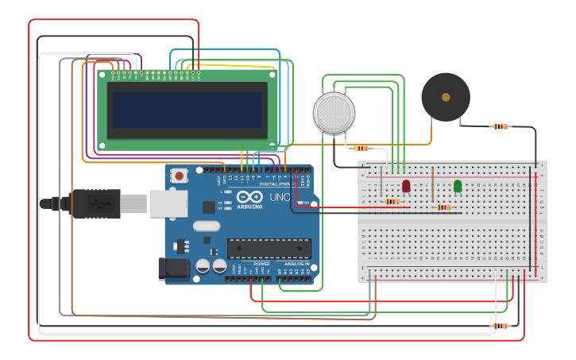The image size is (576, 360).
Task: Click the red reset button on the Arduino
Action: pyautogui.click(x=180, y=176)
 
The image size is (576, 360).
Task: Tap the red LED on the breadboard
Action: pyautogui.click(x=406, y=186)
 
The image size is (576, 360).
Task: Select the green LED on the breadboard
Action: pyautogui.click(x=458, y=186)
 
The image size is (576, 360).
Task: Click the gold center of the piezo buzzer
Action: pyautogui.click(x=446, y=97)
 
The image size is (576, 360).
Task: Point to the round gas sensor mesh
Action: pyautogui.click(x=334, y=112)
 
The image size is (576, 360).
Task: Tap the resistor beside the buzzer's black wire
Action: pyautogui.click(x=500, y=126)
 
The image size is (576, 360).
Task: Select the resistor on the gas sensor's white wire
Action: pyautogui.click(x=361, y=148)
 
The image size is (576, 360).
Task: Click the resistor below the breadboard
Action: pyautogui.click(x=500, y=326)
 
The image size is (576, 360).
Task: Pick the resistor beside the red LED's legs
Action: pyautogui.click(x=392, y=202)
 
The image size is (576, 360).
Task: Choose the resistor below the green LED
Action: pyautogui.click(x=443, y=208)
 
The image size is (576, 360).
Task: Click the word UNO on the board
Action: pyautogui.click(x=280, y=197)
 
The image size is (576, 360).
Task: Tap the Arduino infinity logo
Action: pyautogui.click(x=249, y=198)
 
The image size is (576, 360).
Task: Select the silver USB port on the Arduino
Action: pyautogui.click(x=168, y=204)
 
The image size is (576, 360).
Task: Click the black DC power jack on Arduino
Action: pyautogui.click(x=173, y=269)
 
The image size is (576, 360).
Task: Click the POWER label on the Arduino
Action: pyautogui.click(x=261, y=264)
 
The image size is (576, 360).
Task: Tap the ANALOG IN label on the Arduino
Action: pyautogui.click(x=296, y=264)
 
